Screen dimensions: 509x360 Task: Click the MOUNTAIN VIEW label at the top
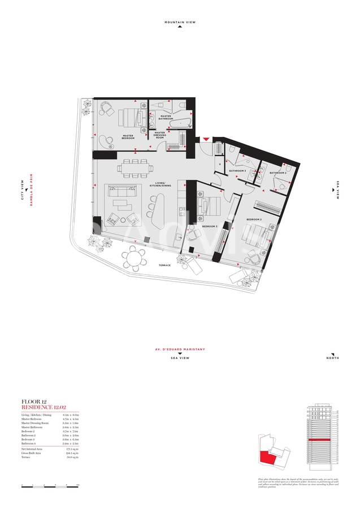coord(180,22)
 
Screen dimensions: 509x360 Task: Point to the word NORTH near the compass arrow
coord(333,359)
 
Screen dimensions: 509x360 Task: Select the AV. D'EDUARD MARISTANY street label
coord(180,350)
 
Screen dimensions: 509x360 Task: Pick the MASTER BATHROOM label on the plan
coord(166,118)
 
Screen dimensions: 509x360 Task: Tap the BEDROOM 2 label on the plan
coord(254,219)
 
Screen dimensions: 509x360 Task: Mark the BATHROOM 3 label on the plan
coord(237,171)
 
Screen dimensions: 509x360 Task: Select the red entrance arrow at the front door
coord(206,139)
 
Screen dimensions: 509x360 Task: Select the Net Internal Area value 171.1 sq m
coord(70,450)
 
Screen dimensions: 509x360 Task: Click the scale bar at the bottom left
coord(50,485)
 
